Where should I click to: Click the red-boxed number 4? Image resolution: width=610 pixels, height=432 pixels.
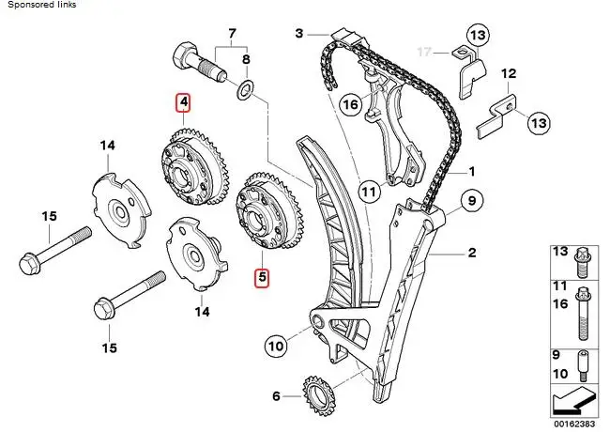(184, 102)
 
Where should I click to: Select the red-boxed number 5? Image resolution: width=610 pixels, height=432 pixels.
(262, 277)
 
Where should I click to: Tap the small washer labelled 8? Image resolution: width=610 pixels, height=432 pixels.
(244, 90)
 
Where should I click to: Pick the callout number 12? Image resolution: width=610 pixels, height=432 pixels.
(508, 73)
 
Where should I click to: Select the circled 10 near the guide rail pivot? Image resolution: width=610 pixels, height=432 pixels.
(275, 346)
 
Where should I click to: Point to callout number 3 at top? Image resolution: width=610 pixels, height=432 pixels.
(299, 34)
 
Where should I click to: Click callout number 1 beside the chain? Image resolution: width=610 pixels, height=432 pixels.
(472, 171)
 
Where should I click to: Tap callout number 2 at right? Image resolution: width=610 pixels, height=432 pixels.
(472, 252)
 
